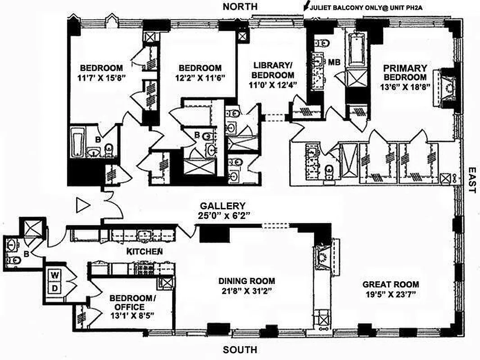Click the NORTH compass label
click(241, 6)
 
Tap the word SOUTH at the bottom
click(240, 350)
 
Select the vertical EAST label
click(471, 180)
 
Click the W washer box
click(54, 274)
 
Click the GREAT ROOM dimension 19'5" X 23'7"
click(391, 295)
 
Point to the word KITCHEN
click(144, 251)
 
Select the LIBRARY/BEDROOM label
click(273, 70)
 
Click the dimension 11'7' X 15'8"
click(101, 77)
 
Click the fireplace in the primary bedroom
click(446, 87)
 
